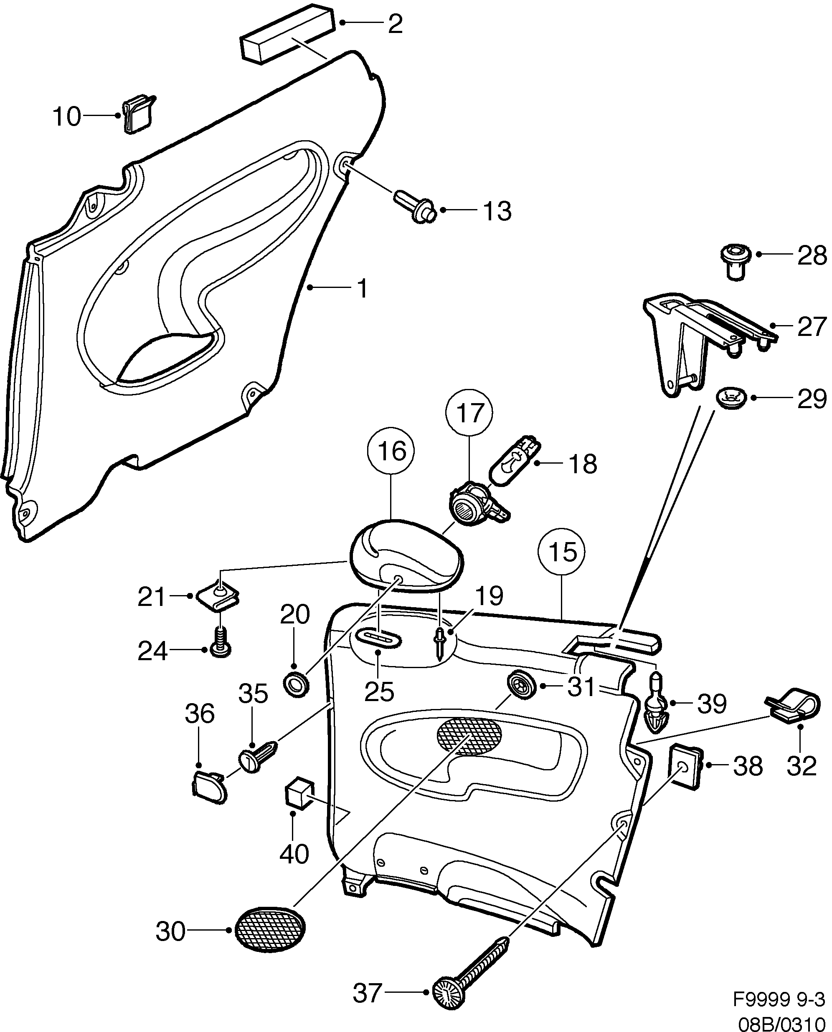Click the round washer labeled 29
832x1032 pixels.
[732, 397]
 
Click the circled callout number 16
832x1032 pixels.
[391, 451]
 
